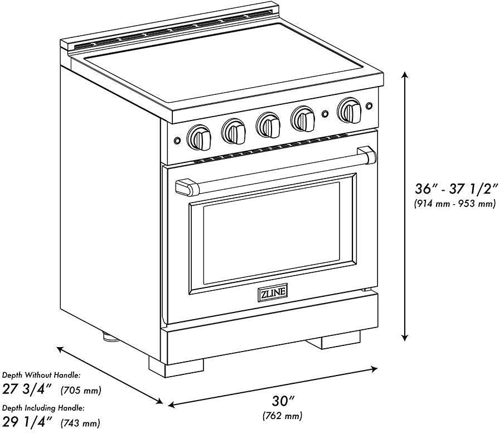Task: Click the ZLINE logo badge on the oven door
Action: click(273, 292)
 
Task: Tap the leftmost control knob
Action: click(199, 137)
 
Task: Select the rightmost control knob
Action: click(350, 110)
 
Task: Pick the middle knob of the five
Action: click(268, 125)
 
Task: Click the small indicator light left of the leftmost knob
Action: click(177, 141)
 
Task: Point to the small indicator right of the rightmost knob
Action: click(369, 106)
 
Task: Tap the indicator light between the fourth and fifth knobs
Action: click(325, 114)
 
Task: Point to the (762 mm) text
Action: click(282, 416)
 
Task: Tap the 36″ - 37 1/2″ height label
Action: click(456, 189)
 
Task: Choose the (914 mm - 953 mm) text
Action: click(455, 203)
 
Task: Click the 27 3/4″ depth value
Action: click(27, 389)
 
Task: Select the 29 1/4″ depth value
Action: click(27, 422)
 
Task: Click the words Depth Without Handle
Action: click(41, 375)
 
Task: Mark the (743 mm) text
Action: click(80, 423)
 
